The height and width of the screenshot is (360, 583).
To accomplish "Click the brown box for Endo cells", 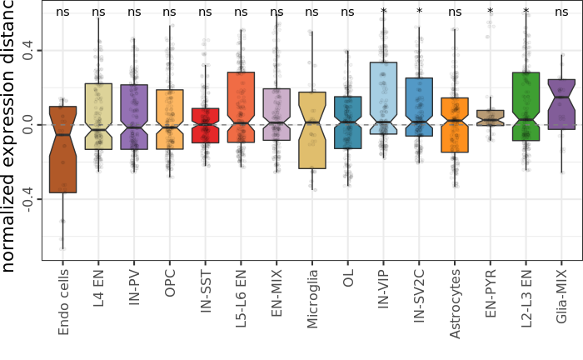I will pyautogui.click(x=62, y=150).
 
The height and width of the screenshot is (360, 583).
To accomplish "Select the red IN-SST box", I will pyautogui.click(x=205, y=125).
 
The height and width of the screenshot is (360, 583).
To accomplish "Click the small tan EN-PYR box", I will pyautogui.click(x=490, y=117).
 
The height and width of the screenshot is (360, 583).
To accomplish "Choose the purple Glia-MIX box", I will pyautogui.click(x=561, y=104).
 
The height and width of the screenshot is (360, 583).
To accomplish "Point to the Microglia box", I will pyautogui.click(x=312, y=130).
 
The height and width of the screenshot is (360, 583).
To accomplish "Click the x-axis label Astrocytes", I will pyautogui.click(x=455, y=302).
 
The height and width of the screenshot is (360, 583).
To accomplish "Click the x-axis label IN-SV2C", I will pyautogui.click(x=419, y=298).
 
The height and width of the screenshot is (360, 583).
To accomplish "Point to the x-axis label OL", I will pyautogui.click(x=348, y=280).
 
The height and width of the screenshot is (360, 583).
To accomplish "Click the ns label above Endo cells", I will pyautogui.click(x=62, y=12).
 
